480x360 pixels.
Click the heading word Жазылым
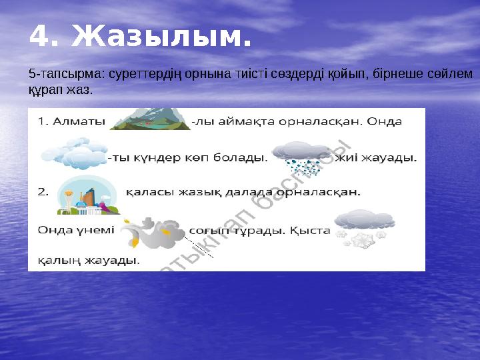161,37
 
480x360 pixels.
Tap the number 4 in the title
41,37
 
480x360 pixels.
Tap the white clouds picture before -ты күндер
74,153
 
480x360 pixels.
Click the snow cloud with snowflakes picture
363,227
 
